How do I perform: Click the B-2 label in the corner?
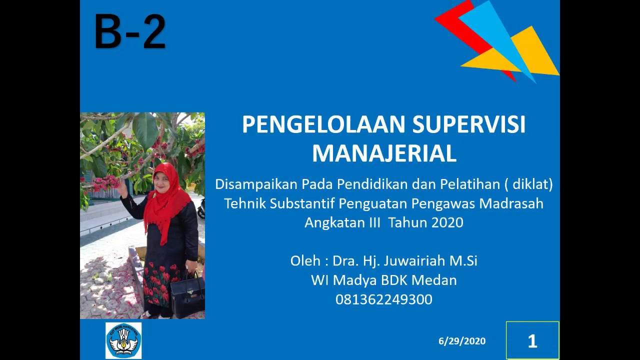pos(130,32)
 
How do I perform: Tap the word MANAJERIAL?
pos(384,153)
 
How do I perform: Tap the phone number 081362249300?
pos(384,299)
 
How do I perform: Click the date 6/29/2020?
pos(462,341)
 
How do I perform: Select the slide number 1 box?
pos(532,341)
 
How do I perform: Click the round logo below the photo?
pos(123,340)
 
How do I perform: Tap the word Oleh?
pos(304,261)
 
